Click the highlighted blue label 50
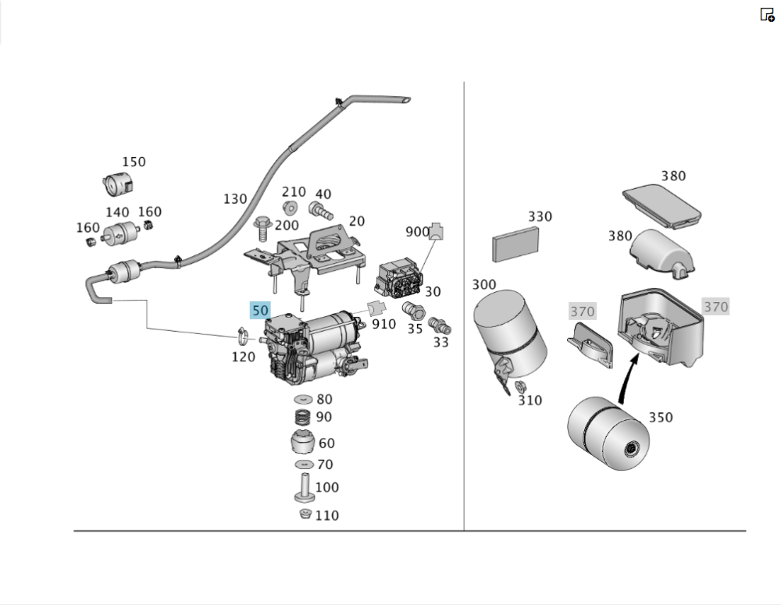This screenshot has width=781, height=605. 260,310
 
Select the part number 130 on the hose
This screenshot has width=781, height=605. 235,199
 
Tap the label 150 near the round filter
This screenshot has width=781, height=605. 134,162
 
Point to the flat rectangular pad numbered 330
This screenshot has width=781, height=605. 516,245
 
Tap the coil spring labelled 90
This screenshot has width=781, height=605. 303,418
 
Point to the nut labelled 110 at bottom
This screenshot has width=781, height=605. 305,514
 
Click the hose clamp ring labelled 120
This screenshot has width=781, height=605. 243,336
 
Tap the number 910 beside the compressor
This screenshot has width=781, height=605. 383,323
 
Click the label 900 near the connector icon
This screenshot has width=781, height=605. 417,232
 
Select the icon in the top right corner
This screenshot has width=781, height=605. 767,14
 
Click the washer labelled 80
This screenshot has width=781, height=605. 303,400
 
